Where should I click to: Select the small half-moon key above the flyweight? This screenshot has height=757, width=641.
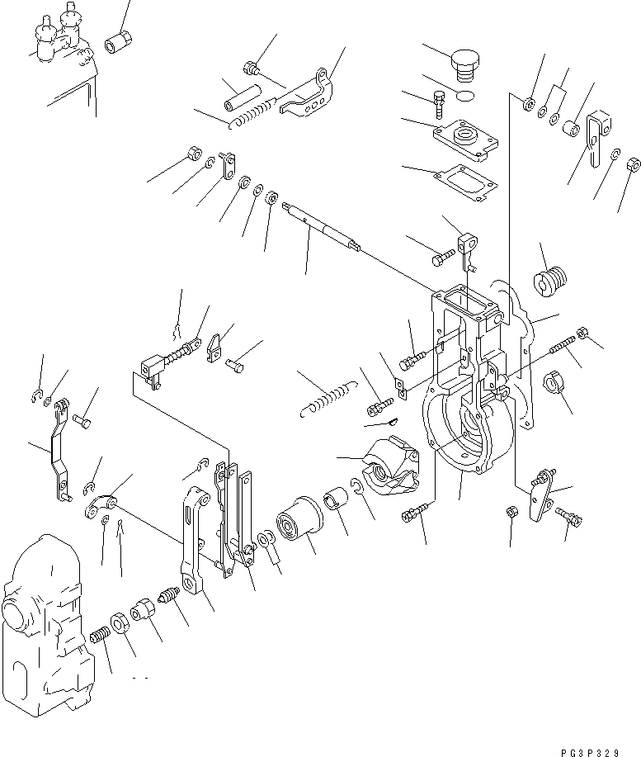[x=392, y=423]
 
